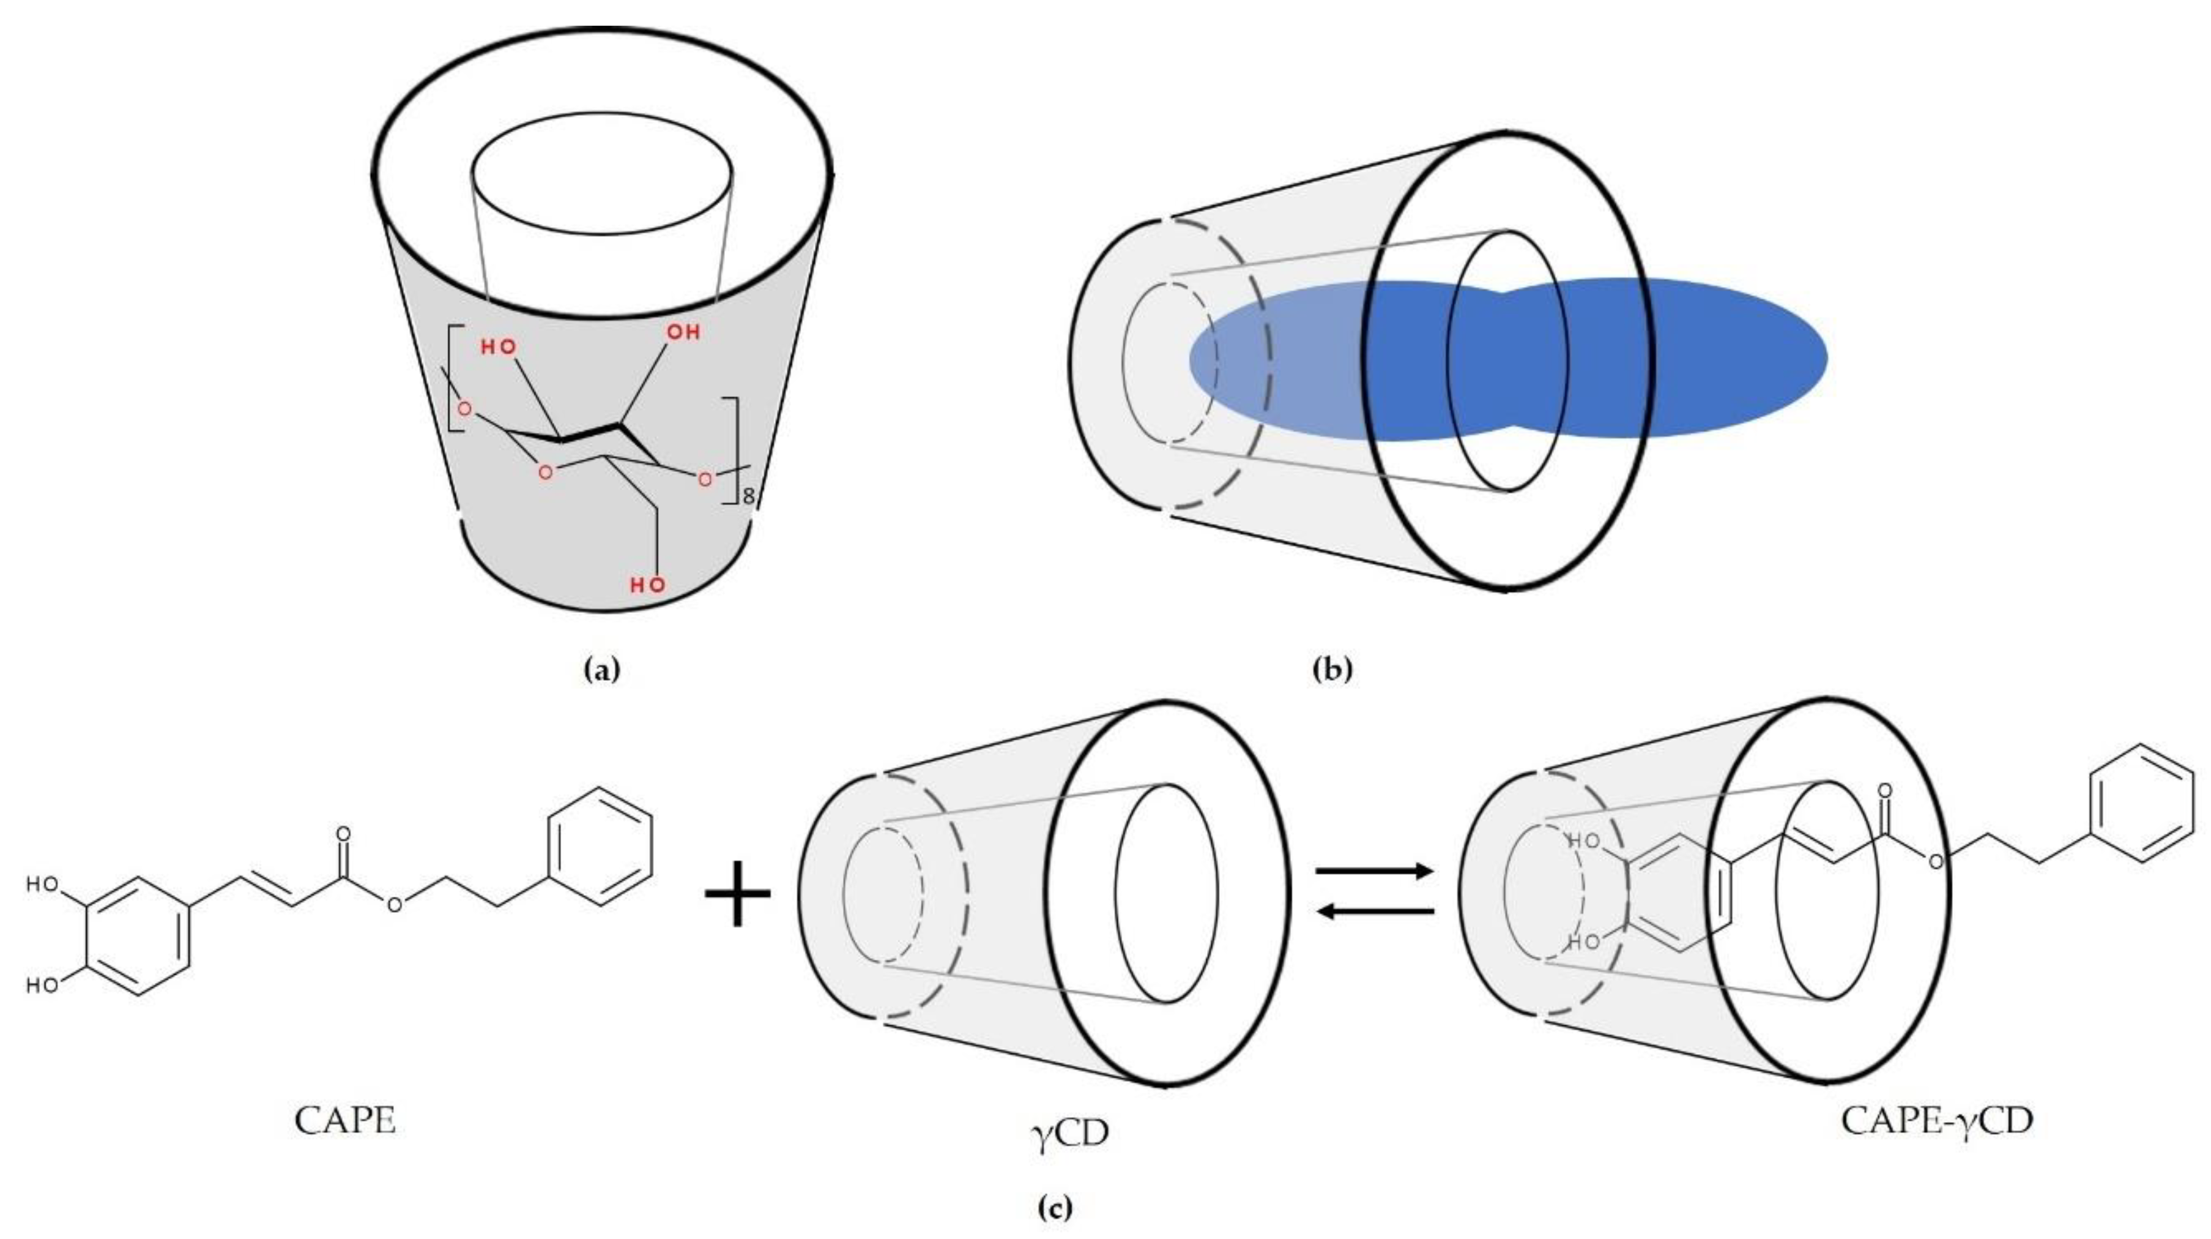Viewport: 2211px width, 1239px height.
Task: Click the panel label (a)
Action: (x=600, y=669)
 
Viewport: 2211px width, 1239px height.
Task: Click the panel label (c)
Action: (x=1055, y=1208)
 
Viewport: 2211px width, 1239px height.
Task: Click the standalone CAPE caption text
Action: (x=345, y=1120)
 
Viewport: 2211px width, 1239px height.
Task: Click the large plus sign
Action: (x=737, y=893)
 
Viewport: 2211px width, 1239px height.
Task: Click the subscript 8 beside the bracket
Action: (x=748, y=496)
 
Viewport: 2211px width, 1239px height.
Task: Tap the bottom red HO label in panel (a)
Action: (x=648, y=586)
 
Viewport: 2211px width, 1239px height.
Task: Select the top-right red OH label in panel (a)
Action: (x=683, y=331)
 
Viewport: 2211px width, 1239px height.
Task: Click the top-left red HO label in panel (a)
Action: (x=498, y=347)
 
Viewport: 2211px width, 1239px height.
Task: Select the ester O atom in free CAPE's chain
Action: (x=393, y=904)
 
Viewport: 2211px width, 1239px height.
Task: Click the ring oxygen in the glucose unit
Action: (x=544, y=472)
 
